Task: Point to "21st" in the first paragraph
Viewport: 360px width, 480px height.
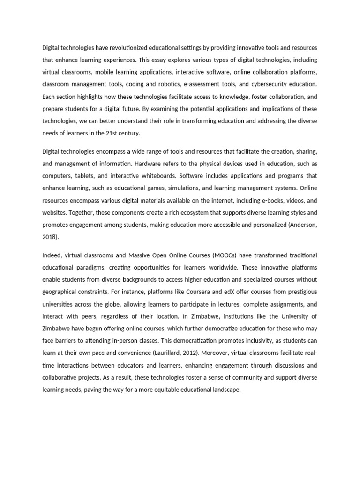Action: pos(110,133)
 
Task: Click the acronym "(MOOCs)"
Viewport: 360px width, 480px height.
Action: pos(227,255)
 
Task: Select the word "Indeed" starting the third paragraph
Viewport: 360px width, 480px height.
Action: pos(52,255)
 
